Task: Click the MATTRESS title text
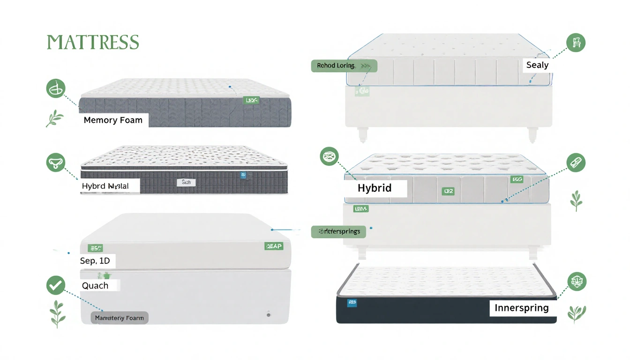[93, 42]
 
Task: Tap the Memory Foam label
[113, 120]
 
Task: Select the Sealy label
[537, 65]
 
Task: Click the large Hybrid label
[375, 188]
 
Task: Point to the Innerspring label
[521, 308]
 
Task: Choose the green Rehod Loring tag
[344, 66]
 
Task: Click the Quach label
[95, 285]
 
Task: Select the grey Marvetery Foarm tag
[119, 318]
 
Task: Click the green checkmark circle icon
[56, 285]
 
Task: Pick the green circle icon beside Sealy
[576, 43]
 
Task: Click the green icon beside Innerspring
[577, 281]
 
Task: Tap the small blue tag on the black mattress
[352, 303]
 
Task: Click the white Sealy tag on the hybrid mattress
[186, 182]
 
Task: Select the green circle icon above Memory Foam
[56, 88]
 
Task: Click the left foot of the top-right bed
[363, 135]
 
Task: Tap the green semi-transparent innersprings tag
[338, 232]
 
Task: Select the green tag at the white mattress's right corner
[274, 246]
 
